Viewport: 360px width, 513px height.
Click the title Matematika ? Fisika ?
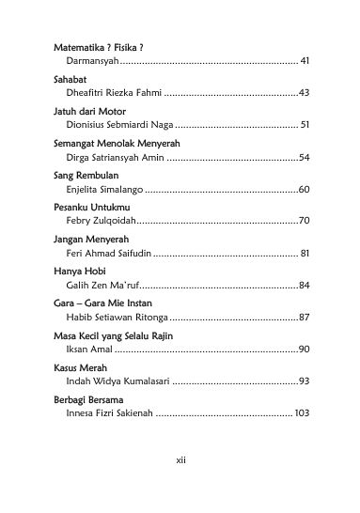point(102,46)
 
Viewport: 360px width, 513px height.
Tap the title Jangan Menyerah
point(90,240)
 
